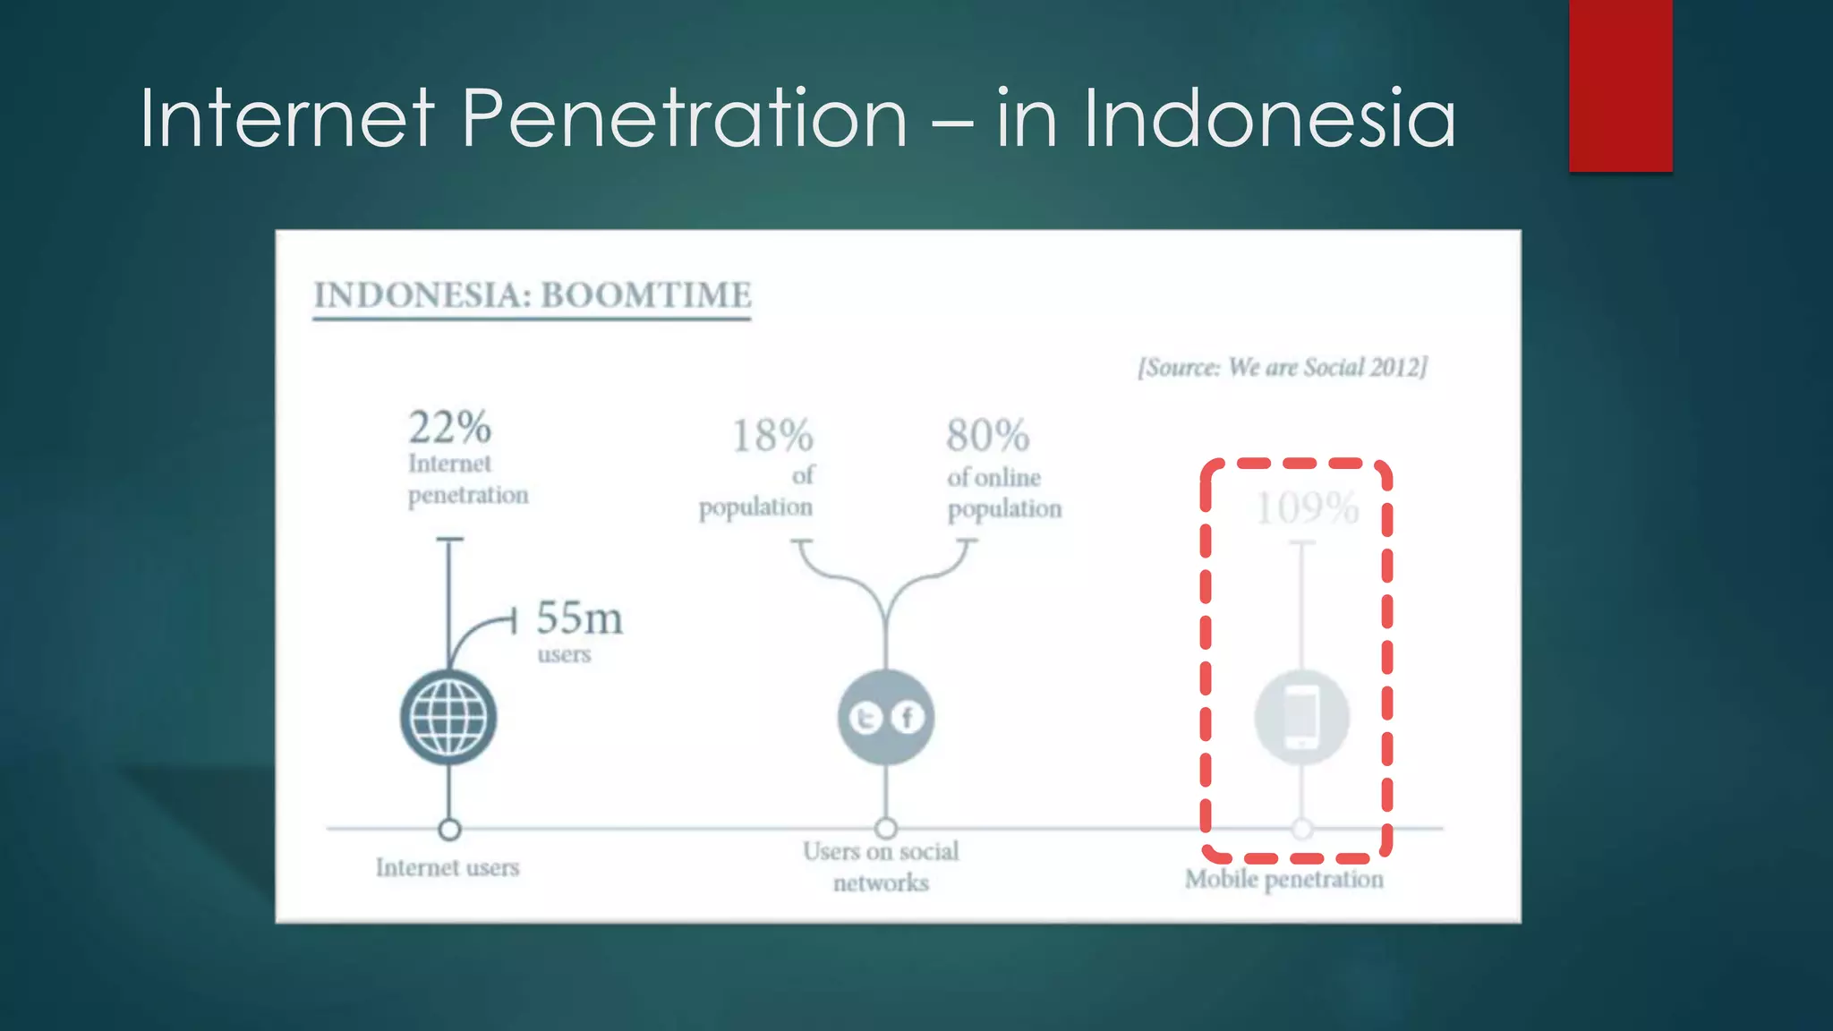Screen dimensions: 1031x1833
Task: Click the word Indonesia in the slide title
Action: pyautogui.click(x=1269, y=118)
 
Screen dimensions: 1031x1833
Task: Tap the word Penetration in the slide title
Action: pyautogui.click(x=685, y=118)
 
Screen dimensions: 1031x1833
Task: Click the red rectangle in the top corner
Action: pyautogui.click(x=1620, y=85)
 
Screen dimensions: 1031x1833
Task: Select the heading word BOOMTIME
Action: pyautogui.click(x=646, y=295)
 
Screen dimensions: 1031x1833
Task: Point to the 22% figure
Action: pyautogui.click(x=449, y=428)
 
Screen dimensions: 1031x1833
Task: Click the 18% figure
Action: pyautogui.click(x=772, y=437)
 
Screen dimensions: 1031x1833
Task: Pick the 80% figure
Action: pyautogui.click(x=988, y=437)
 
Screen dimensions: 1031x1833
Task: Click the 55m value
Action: pyautogui.click(x=579, y=618)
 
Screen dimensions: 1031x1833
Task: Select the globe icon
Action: pyautogui.click(x=448, y=718)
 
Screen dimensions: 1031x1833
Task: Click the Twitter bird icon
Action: pyautogui.click(x=865, y=719)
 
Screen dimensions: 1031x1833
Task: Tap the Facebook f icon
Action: pyautogui.click(x=908, y=718)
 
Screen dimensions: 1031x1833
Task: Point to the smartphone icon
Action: pyautogui.click(x=1301, y=717)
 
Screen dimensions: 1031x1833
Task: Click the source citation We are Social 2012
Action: pyautogui.click(x=1282, y=368)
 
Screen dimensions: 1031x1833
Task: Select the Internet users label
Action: pyautogui.click(x=448, y=867)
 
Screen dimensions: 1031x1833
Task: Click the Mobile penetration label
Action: pyautogui.click(x=1283, y=879)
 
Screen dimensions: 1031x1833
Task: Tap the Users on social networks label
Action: pyautogui.click(x=881, y=866)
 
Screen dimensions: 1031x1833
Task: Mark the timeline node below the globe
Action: pyautogui.click(x=449, y=830)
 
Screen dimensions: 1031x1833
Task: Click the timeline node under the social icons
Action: pyautogui.click(x=886, y=829)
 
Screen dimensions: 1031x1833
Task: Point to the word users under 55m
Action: pyautogui.click(x=564, y=654)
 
